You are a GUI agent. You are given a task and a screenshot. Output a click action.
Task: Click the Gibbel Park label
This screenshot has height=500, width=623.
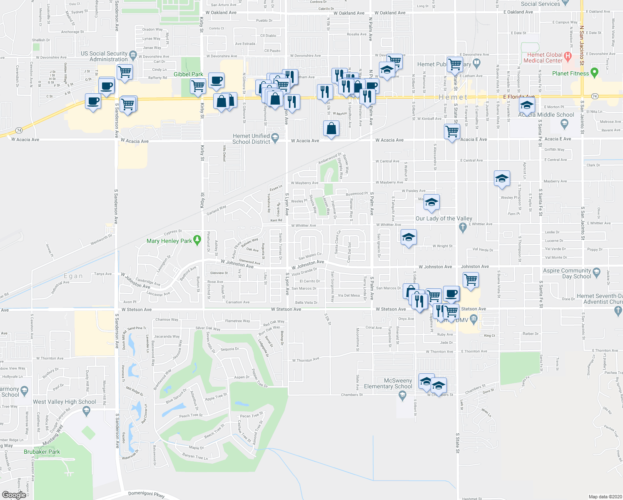(x=188, y=75)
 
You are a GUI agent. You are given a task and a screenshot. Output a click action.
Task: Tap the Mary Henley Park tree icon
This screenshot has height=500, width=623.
(x=197, y=241)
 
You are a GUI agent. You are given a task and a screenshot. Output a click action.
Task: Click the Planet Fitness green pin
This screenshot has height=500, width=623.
(x=594, y=73)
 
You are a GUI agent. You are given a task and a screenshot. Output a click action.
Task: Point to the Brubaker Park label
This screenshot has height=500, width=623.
(x=42, y=452)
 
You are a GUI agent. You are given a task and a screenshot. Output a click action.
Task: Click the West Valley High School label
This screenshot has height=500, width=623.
(x=65, y=402)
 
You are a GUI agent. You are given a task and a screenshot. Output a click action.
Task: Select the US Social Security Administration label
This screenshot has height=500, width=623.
(x=104, y=56)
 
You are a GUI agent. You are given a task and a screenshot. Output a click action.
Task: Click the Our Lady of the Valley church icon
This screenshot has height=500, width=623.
(x=462, y=227)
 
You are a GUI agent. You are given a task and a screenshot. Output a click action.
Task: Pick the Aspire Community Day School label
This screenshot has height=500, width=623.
(x=567, y=273)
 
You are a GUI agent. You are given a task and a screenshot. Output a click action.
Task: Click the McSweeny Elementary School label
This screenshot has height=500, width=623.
(x=388, y=383)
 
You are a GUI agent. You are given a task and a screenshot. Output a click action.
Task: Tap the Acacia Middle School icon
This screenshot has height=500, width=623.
(x=564, y=123)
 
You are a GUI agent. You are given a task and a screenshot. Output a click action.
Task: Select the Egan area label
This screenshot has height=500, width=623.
(x=73, y=276)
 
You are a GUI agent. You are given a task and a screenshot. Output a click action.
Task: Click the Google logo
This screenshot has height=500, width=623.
(x=14, y=495)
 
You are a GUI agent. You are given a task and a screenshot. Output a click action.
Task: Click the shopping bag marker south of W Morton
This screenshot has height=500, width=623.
(x=331, y=129)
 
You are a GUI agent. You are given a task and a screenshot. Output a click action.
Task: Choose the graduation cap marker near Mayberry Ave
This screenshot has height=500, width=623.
(x=502, y=179)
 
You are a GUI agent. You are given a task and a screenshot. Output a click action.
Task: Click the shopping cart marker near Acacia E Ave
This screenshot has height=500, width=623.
(x=452, y=132)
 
